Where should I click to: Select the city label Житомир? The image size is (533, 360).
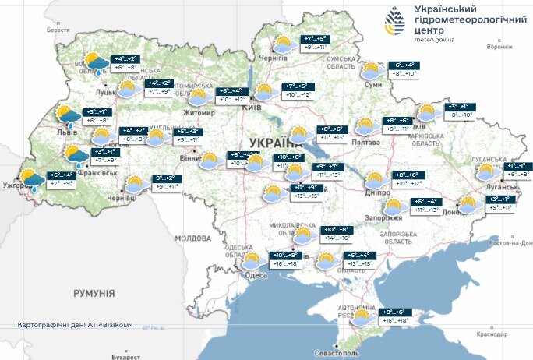pos(200,112)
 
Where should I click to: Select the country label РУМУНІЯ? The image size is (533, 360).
pos(94,293)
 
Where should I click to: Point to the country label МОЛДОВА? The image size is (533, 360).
pos(192,238)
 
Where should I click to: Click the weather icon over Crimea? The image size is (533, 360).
pos(362,319)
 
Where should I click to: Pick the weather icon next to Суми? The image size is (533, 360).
pos(373,71)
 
